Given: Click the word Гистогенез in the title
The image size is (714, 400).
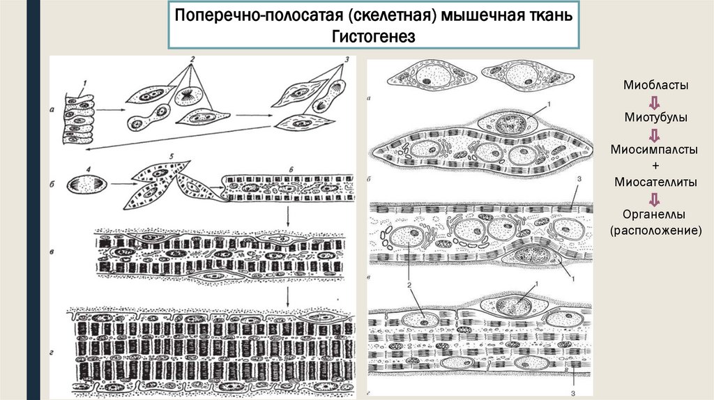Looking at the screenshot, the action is tap(374, 36).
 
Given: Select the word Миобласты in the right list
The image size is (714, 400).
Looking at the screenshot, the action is tap(655, 85).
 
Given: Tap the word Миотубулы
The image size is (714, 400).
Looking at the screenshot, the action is tap(655, 117).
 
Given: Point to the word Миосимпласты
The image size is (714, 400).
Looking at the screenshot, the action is tap(654, 149).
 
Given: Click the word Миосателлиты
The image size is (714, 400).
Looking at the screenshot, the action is tap(655, 182).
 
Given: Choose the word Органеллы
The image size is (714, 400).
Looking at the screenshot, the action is tap(654, 215).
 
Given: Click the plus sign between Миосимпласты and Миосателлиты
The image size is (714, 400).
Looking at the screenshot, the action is tap(655, 166).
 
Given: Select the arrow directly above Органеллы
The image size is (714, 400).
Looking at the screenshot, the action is tap(654, 199).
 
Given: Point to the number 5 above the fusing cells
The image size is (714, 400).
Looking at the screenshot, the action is tap(172, 157).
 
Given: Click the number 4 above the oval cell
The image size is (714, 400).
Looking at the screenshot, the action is tap(89, 170).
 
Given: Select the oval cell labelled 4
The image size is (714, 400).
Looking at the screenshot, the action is tap(87, 185).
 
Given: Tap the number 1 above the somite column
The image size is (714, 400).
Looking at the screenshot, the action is tap(84, 84).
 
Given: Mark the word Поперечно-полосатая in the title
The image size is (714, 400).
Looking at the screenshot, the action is tap(259, 15).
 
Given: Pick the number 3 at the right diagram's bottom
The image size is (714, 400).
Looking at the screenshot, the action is tap(573, 393).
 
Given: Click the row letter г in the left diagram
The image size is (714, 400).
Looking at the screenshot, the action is tap(52, 352).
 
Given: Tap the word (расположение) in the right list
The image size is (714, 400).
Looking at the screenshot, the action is tap(655, 231).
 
